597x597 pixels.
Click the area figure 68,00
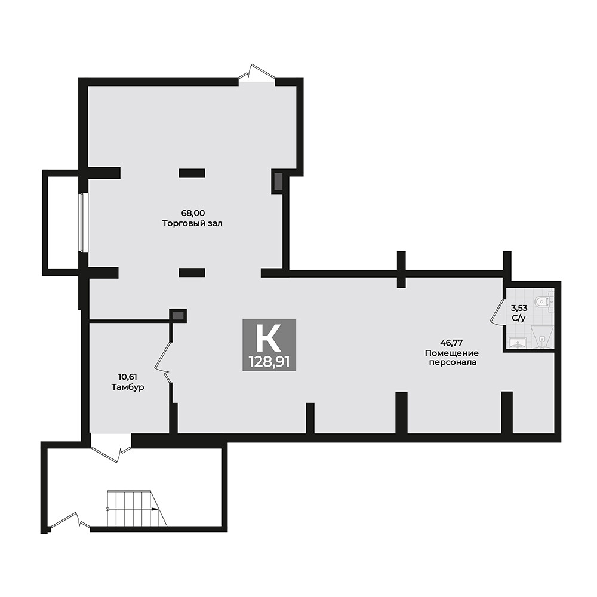193,213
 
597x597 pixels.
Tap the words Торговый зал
193,223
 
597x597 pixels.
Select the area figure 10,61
128,376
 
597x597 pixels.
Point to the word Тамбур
128,387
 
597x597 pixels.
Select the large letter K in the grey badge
268,338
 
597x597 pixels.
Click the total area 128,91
269,361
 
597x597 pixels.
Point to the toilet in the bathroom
542,302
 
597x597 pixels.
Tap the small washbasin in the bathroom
516,342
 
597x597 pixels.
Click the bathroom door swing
497,312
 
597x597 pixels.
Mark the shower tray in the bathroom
541,337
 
